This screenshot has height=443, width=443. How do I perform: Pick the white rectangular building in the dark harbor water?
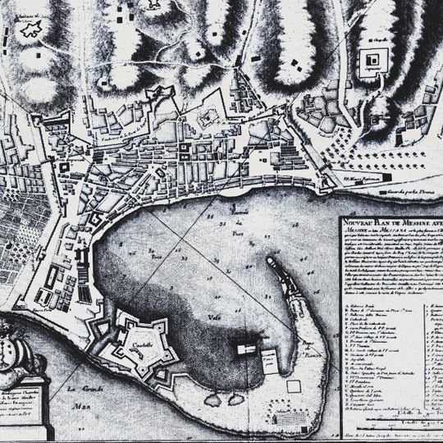click(x=244, y=349)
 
